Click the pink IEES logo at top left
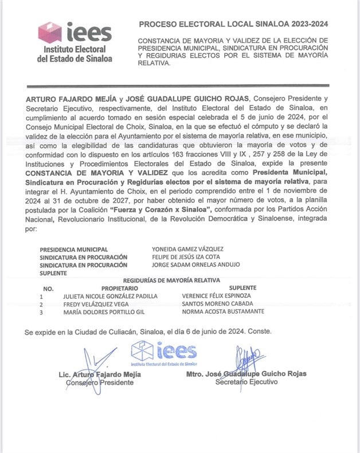click(75, 42)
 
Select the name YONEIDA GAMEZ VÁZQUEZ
click(187, 249)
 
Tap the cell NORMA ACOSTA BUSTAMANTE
click(223, 312)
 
